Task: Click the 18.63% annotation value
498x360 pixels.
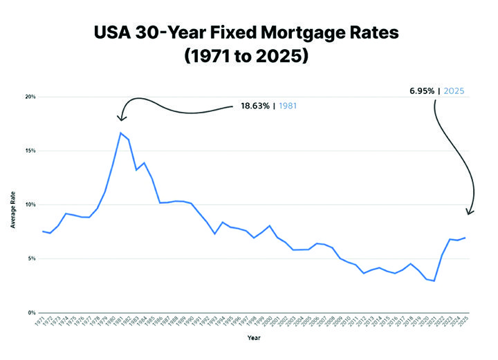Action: (256, 106)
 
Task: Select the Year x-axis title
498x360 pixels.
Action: (255, 339)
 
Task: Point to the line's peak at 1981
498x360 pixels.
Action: (121, 133)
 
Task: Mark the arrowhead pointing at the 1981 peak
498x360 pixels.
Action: (122, 118)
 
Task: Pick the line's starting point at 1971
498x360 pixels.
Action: (43, 231)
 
